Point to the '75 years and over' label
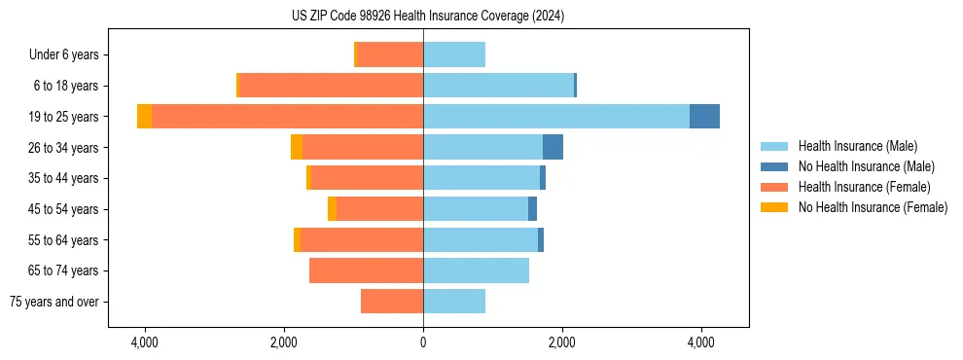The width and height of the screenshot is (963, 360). point(54,302)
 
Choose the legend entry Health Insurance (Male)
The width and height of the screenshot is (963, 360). point(857,146)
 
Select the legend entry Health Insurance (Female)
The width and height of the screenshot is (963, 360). point(864,187)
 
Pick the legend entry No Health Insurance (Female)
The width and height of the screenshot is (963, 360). point(873,207)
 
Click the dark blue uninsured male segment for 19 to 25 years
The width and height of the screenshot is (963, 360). point(704,117)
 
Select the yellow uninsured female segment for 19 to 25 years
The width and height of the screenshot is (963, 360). point(144,117)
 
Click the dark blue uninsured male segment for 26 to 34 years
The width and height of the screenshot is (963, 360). point(553,147)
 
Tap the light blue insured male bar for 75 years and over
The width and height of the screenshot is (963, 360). point(454,302)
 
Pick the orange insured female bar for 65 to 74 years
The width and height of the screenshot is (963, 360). point(366,270)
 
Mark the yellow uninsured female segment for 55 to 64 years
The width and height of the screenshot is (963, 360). point(297,239)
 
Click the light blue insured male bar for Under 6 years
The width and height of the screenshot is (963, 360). point(454,55)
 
